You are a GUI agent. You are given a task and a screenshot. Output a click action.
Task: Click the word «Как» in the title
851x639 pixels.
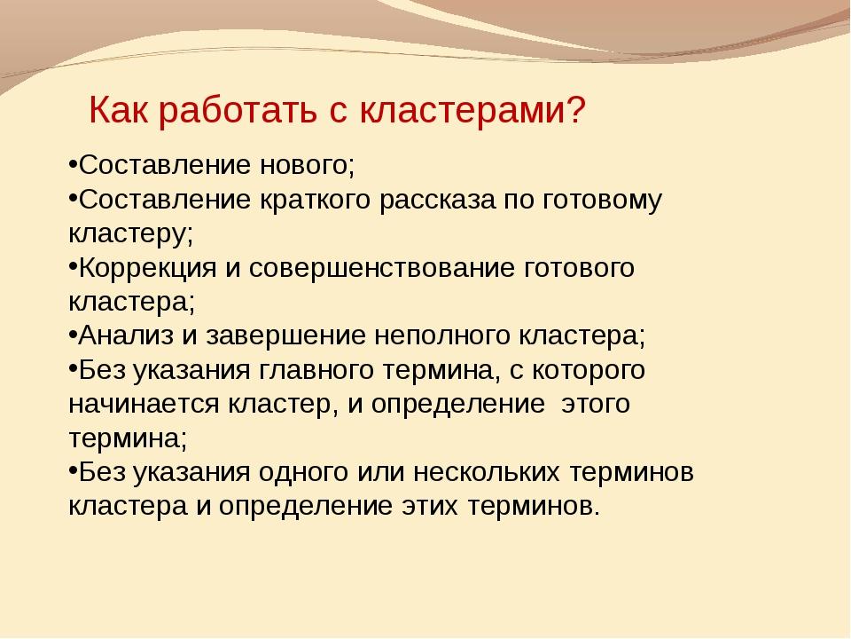click(x=118, y=110)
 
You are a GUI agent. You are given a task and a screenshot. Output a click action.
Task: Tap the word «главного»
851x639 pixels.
click(x=316, y=370)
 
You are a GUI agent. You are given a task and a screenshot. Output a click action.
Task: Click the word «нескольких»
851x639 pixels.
click(x=487, y=472)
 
